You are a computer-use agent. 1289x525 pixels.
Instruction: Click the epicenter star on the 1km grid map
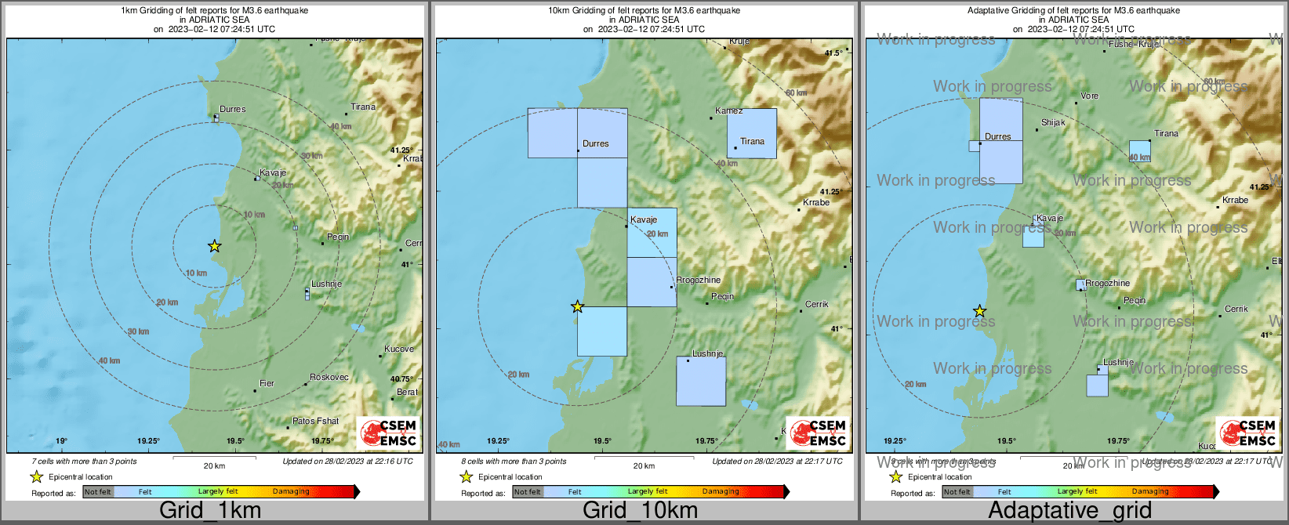214,246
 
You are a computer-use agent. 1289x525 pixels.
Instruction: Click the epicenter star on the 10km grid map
577,306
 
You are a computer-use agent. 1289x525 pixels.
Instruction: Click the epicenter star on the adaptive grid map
979,312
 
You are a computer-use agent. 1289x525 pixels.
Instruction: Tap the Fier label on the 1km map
267,383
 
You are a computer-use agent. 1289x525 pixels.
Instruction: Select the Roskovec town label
329,377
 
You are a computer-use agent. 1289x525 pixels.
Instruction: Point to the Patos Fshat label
316,421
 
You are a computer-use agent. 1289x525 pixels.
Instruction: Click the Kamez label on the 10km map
728,110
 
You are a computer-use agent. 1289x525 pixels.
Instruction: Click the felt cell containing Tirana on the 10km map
751,133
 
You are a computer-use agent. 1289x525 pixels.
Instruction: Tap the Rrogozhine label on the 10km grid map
698,280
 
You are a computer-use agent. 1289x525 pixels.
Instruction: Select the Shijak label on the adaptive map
1053,122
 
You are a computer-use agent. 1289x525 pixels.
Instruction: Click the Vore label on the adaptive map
1089,96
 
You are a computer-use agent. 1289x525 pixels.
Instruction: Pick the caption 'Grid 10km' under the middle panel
640,510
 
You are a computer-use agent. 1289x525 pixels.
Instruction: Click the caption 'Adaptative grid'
1069,510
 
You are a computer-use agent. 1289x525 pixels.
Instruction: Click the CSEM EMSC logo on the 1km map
388,433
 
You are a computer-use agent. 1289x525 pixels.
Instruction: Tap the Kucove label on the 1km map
399,349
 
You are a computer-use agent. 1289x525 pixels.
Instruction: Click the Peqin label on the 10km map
722,296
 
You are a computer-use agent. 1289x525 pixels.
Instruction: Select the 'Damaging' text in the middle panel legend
721,491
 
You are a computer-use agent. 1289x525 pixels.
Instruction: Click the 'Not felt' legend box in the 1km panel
98,491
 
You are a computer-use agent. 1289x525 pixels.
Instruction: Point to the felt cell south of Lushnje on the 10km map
701,382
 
